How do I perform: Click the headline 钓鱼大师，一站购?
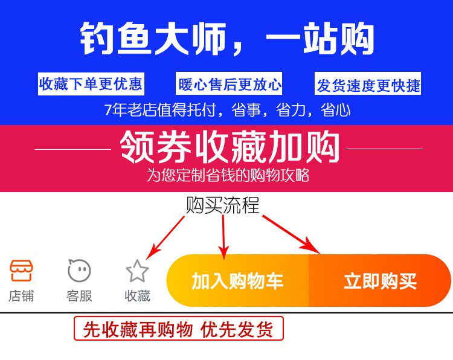click(226, 39)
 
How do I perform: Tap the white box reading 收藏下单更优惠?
click(91, 84)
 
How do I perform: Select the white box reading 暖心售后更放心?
click(230, 84)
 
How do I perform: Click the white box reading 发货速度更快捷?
click(368, 85)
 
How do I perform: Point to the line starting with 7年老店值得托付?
click(226, 111)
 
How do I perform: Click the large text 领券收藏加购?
click(230, 147)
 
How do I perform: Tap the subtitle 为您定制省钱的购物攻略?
click(228, 175)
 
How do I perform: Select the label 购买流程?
click(223, 206)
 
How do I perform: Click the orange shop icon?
click(21, 271)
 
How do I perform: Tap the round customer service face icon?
click(79, 271)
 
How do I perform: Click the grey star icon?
click(137, 271)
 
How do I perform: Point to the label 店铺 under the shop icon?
click(21, 296)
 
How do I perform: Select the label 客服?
click(79, 296)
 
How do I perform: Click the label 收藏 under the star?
click(137, 296)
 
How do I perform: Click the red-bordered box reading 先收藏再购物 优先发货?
click(178, 329)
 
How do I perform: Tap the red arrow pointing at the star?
click(167, 235)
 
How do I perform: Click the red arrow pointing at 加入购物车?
click(223, 236)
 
